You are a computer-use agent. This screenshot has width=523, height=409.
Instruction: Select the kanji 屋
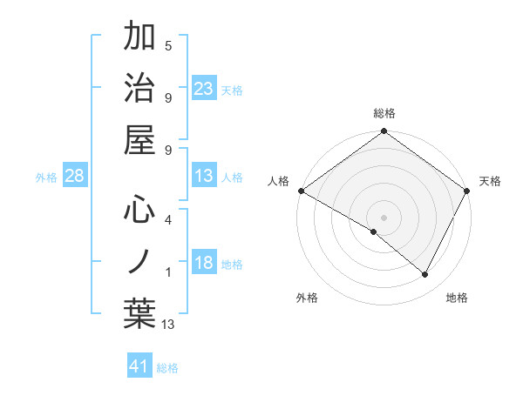point(140,138)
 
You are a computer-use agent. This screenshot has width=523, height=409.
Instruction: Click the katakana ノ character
point(140,262)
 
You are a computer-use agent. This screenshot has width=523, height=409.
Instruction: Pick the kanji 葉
point(140,314)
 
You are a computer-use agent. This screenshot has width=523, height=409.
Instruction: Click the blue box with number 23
point(204,89)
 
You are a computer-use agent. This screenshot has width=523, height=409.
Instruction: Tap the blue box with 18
point(204,264)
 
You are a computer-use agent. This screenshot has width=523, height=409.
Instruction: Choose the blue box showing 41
point(139,366)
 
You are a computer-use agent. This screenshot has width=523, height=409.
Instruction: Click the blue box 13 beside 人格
point(204,177)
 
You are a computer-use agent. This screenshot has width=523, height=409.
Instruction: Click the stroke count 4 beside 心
point(167,219)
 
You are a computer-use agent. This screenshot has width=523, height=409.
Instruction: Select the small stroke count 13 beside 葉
point(168,325)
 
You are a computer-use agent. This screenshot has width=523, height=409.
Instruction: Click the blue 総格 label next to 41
point(167,368)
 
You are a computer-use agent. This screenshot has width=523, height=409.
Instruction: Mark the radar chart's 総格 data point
point(384,132)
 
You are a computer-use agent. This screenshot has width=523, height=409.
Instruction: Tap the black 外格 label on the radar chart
point(307,298)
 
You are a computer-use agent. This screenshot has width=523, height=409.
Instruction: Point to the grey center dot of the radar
point(384,217)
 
